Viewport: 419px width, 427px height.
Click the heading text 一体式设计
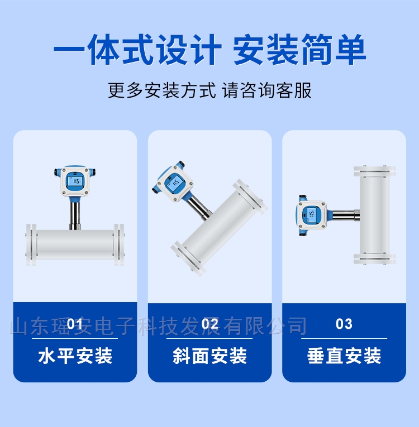137,49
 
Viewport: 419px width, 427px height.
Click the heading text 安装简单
299,49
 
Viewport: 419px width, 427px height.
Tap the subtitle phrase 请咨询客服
266,90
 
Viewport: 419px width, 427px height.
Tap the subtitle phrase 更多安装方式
162,90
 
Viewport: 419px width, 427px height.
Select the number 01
75,324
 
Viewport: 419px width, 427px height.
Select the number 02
209,324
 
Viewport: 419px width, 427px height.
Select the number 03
344,324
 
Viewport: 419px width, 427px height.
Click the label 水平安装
75,356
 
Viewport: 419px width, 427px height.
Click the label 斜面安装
209,356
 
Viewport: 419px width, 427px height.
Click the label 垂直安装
344,356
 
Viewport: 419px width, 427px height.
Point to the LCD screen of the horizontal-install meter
75,181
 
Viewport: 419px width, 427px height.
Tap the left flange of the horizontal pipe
31,244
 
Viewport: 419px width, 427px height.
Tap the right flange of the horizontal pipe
119,244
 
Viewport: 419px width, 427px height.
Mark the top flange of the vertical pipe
374,171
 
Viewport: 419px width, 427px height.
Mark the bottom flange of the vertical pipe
374,258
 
